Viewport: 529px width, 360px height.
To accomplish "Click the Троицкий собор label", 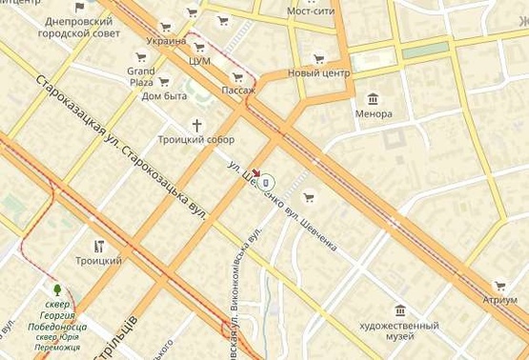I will pyautogui.click(x=195, y=139).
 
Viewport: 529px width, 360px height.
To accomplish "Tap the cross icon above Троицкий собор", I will pyautogui.click(x=198, y=125).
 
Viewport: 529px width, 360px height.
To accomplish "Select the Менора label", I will pyautogui.click(x=373, y=114).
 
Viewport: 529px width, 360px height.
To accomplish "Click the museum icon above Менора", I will pyautogui.click(x=373, y=99).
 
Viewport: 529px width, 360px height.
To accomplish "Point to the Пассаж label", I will pyautogui.click(x=238, y=90).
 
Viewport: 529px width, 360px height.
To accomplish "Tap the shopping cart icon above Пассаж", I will pyautogui.click(x=236, y=77).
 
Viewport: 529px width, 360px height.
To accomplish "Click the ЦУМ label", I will pyautogui.click(x=200, y=61).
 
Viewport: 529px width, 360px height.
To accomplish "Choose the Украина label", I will pyautogui.click(x=167, y=41).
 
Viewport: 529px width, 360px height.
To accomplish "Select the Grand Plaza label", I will pyautogui.click(x=140, y=76).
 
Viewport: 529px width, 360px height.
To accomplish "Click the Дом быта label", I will pyautogui.click(x=164, y=95).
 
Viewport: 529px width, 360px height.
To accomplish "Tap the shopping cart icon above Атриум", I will pyautogui.click(x=499, y=285).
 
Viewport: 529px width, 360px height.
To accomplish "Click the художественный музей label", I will pyautogui.click(x=400, y=330).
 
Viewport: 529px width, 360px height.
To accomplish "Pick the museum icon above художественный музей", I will pyautogui.click(x=400, y=310).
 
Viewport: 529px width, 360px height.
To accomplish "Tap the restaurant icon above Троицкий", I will pyautogui.click(x=98, y=246).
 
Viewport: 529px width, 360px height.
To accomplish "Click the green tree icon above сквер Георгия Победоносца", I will pyautogui.click(x=57, y=289).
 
